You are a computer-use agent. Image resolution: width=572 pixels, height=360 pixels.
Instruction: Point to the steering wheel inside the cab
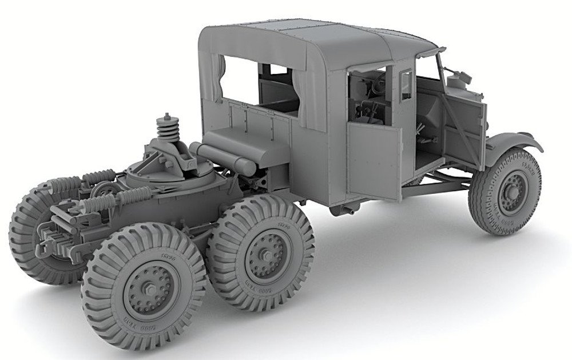click(x=372, y=86)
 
